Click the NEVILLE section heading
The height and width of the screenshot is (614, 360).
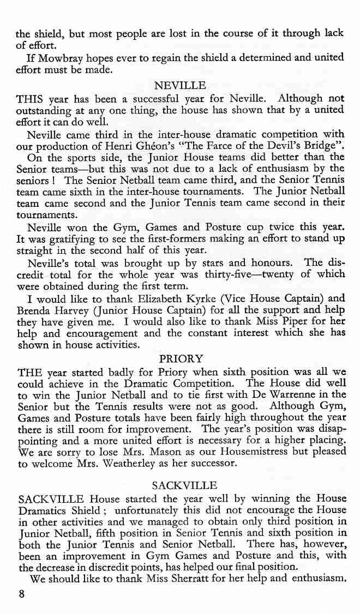tap(179, 86)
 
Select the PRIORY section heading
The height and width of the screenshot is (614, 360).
tap(181, 359)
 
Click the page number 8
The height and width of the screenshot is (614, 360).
tap(21, 595)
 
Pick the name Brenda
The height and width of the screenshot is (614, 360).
tap(35, 310)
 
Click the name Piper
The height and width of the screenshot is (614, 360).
tap(298, 322)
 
